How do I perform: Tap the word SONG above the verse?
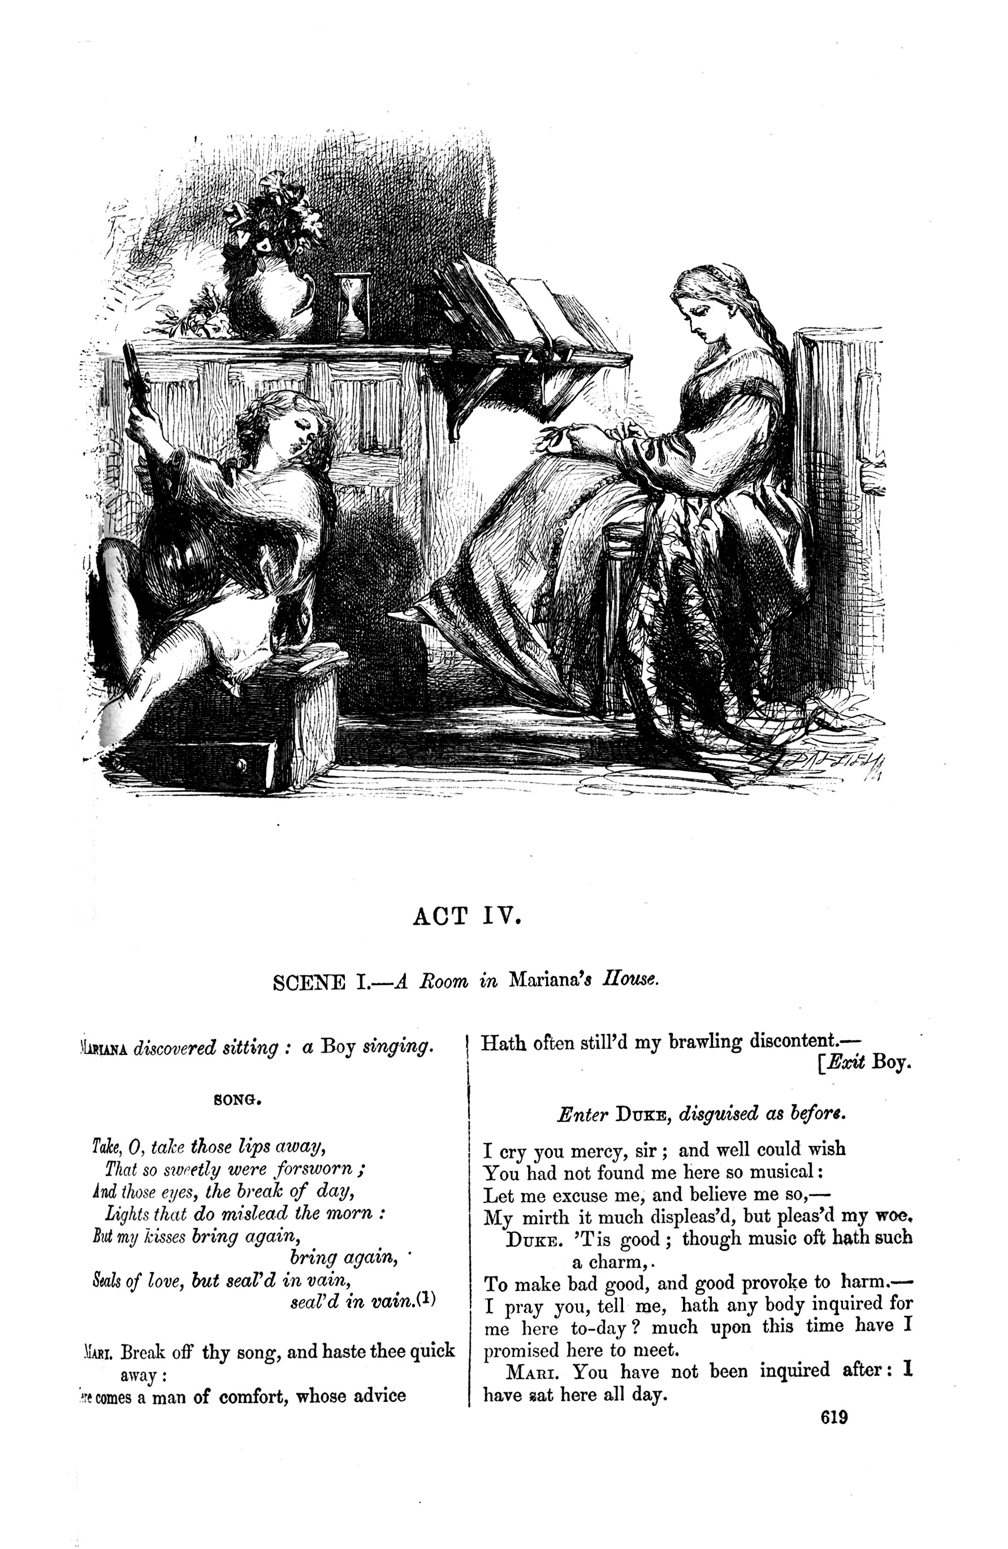coord(237,1100)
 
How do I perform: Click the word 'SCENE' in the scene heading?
coord(309,981)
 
